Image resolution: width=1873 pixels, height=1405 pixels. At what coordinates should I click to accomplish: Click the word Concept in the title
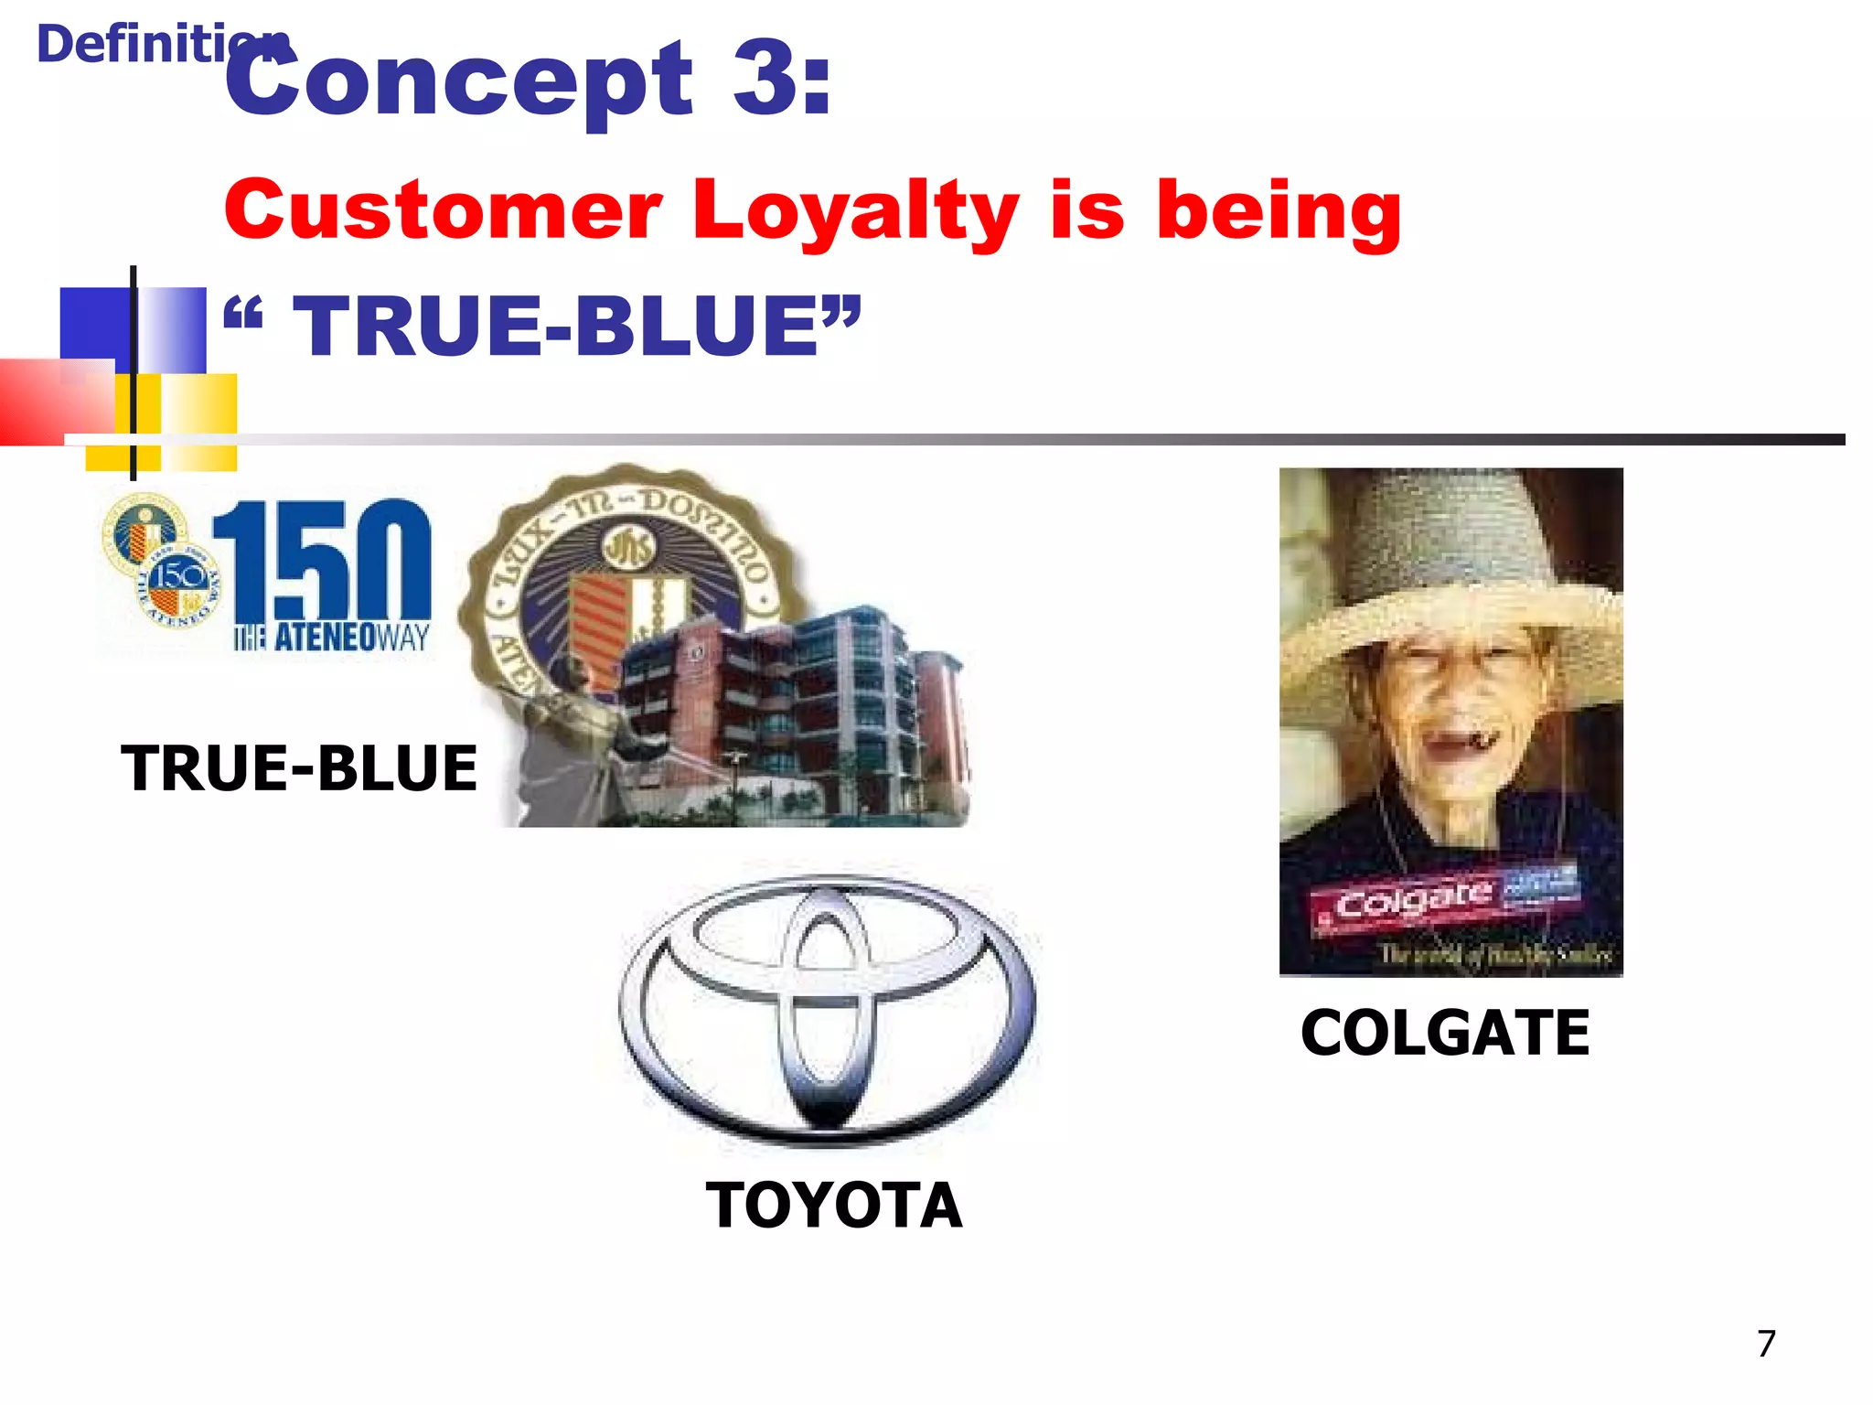click(457, 82)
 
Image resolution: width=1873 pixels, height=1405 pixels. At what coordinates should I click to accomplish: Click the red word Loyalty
click(854, 212)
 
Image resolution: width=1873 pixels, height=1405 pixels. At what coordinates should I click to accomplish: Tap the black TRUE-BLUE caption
click(299, 768)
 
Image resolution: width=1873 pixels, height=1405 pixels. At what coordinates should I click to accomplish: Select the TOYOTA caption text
click(834, 1206)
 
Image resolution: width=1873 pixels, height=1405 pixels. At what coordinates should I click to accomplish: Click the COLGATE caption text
click(1445, 1034)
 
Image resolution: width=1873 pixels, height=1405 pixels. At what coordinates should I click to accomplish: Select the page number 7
click(1766, 1344)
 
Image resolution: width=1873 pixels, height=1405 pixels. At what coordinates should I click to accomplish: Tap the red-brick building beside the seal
click(787, 704)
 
